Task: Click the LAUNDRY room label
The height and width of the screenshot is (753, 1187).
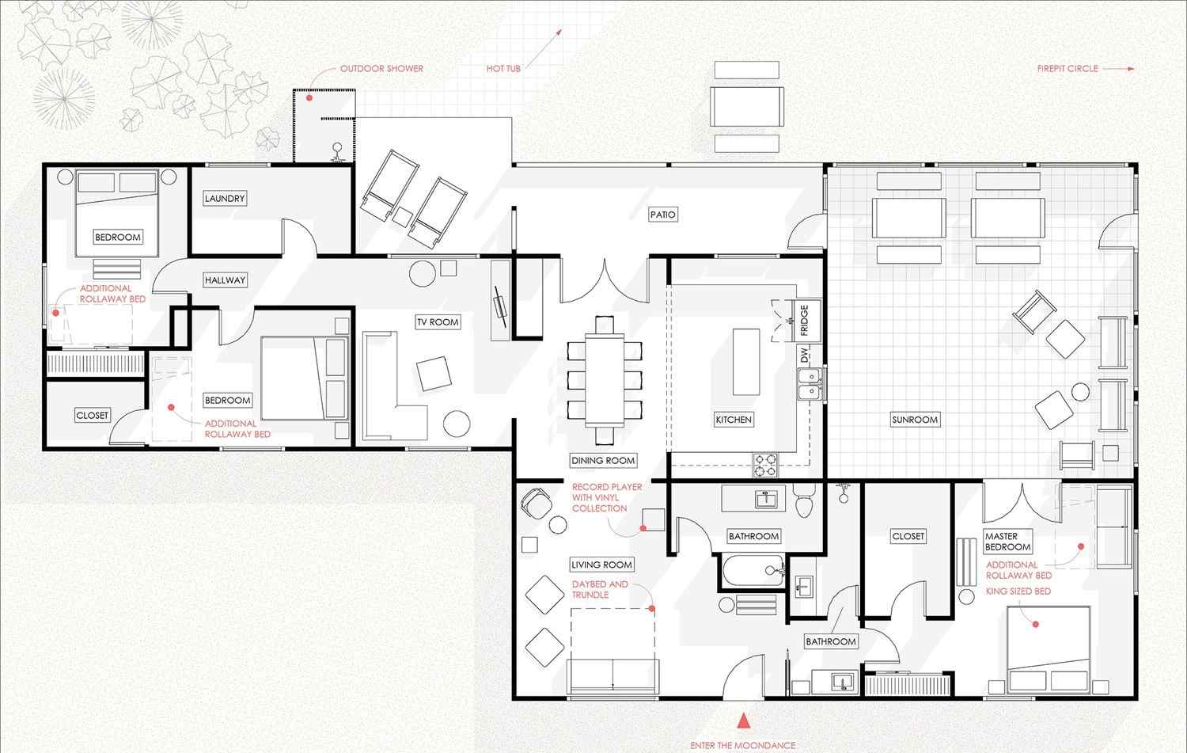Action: click(x=225, y=198)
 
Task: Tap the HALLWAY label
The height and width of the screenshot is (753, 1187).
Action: click(x=226, y=280)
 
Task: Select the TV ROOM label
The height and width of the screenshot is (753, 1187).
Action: click(x=438, y=322)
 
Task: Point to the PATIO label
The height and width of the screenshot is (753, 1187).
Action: click(x=663, y=215)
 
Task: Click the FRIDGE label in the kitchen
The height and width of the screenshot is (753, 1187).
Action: click(x=805, y=321)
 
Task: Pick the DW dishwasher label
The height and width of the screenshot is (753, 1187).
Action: click(x=805, y=356)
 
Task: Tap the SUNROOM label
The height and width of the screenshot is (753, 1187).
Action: click(x=915, y=420)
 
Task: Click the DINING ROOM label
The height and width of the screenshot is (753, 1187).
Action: click(x=603, y=461)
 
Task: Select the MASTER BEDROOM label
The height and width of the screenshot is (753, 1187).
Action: click(x=1008, y=542)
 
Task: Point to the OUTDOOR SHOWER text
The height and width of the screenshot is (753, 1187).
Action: click(x=381, y=68)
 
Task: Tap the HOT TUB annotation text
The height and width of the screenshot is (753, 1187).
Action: click(x=503, y=68)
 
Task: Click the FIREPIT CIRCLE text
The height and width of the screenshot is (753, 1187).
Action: click(x=1068, y=68)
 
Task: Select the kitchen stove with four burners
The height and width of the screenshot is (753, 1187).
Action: click(x=766, y=465)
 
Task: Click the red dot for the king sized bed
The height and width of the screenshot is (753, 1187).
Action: click(x=1035, y=624)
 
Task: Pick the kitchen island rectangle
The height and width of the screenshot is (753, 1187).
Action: click(x=746, y=362)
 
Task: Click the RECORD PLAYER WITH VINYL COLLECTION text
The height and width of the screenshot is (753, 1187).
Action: click(x=607, y=497)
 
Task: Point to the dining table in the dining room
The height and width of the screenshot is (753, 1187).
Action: click(x=605, y=380)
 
